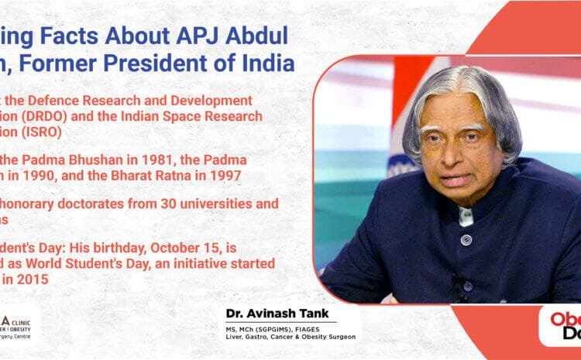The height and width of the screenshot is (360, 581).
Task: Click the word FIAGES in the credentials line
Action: coord(323,327)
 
